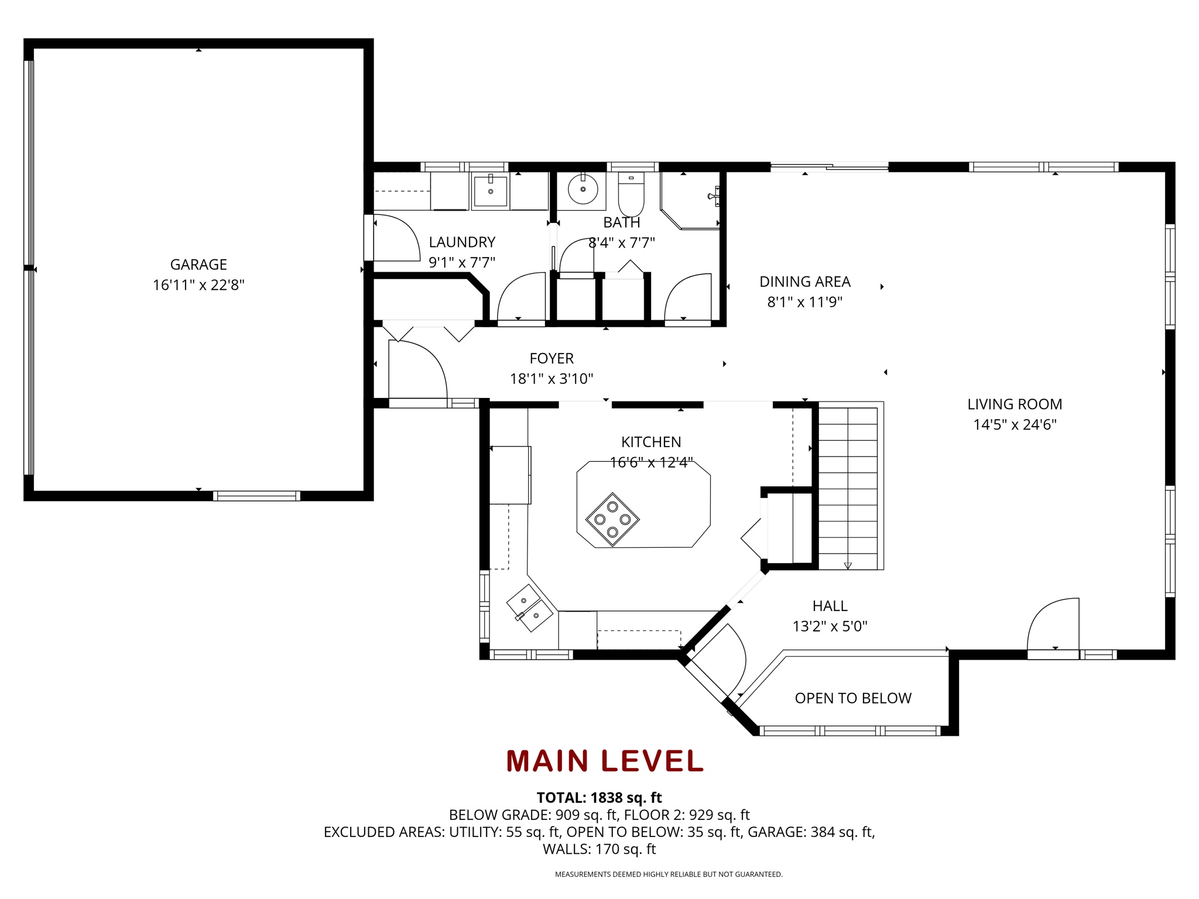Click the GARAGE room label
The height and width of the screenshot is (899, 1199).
[x=198, y=265]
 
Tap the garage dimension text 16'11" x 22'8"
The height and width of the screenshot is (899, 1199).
[x=198, y=285]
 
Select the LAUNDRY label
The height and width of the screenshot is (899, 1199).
[x=462, y=242]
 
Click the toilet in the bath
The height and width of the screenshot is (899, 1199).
[x=631, y=194]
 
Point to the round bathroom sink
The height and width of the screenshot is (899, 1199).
[x=583, y=189]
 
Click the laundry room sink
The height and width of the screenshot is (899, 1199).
[x=491, y=190]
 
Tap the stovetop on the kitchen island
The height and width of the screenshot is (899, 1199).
[x=612, y=519]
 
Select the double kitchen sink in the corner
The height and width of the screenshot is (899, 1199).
[x=530, y=608]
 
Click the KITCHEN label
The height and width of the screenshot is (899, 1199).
[x=651, y=442]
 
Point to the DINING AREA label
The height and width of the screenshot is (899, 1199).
[x=805, y=282]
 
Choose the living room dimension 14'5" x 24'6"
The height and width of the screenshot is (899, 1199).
[x=1015, y=424]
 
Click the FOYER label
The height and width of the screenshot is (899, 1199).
[x=551, y=358]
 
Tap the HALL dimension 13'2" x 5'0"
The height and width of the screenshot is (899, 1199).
[x=830, y=626]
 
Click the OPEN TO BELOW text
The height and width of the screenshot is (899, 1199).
[x=853, y=698]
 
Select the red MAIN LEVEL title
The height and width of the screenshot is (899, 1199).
[x=605, y=761]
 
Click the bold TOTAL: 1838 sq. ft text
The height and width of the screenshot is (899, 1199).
[x=599, y=798]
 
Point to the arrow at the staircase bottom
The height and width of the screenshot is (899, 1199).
[x=848, y=565]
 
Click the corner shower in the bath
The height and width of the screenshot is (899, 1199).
[x=690, y=200]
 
